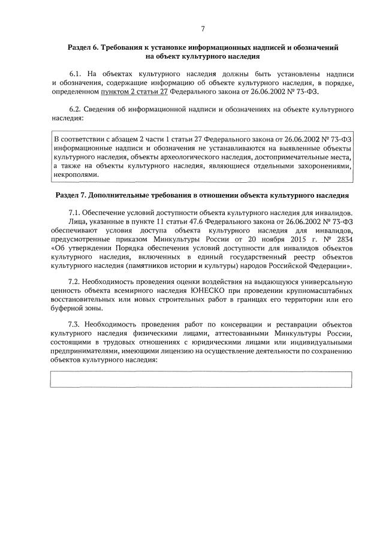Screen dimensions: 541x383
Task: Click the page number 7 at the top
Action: [203, 28]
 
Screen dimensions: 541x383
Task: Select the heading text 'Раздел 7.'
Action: [71, 195]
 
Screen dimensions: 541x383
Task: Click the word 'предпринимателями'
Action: [88, 350]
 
